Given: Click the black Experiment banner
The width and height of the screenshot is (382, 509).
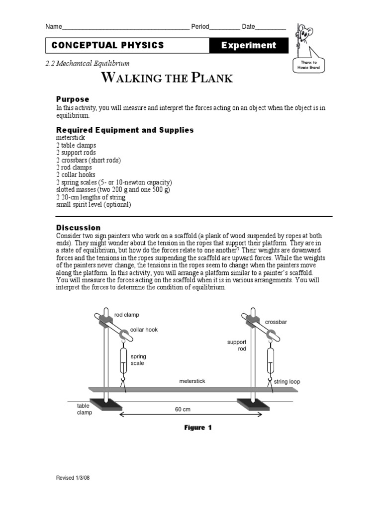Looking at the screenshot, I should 248,45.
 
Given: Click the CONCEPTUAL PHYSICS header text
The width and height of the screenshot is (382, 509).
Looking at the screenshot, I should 107,45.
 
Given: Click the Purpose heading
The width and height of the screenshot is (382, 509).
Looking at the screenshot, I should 73,99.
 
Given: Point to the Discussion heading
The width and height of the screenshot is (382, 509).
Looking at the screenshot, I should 78,228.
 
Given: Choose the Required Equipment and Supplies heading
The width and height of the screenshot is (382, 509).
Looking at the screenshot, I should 125,130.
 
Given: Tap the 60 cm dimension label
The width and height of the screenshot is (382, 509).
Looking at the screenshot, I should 183,410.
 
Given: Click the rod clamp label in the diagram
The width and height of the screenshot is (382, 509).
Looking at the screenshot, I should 127,315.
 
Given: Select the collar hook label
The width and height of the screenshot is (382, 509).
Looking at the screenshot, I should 144,330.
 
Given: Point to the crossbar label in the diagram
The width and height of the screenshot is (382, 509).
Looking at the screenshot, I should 276,322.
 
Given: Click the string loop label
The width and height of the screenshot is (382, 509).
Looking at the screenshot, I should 287,382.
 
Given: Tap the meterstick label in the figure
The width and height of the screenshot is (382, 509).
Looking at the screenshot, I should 192,381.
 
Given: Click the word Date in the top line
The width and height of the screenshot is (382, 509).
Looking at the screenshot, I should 248,26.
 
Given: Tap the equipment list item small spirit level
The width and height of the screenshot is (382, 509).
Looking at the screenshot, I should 94,204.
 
